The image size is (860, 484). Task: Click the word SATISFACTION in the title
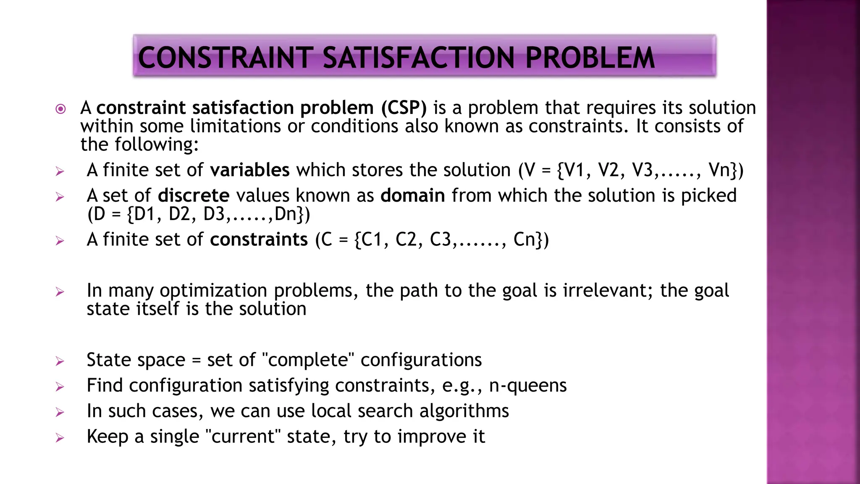coord(418,58)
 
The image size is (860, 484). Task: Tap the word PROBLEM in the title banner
coord(590,58)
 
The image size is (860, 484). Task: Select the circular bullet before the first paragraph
coord(61,109)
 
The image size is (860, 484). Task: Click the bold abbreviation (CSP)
coord(404,108)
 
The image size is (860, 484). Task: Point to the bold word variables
coord(249,170)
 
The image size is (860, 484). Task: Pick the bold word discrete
coord(194,196)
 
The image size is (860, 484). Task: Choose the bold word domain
coord(412,196)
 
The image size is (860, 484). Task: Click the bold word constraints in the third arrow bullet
coord(259,239)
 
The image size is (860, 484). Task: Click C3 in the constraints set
coord(440,239)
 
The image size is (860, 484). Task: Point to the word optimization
coord(213,291)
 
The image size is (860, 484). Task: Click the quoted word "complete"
coord(308,360)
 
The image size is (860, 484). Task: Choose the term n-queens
coord(528,386)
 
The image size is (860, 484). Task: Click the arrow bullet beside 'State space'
coord(60,361)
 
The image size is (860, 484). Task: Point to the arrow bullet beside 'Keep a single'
coord(60,438)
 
